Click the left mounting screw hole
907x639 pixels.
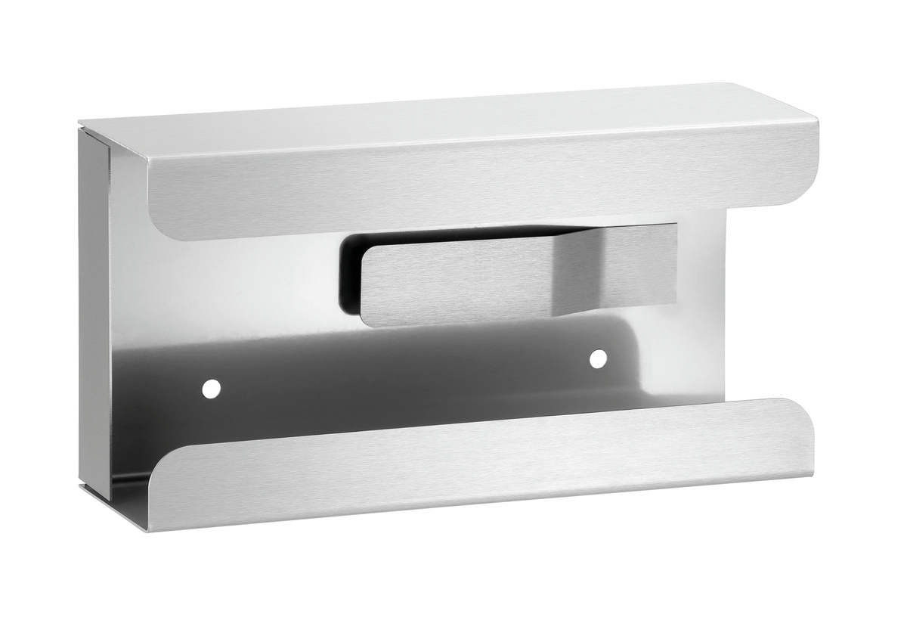(x=212, y=389)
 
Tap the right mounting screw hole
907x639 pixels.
(x=598, y=358)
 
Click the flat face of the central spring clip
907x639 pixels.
(x=453, y=280)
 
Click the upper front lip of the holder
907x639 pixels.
(x=484, y=181)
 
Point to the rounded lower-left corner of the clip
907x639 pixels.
(x=367, y=319)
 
